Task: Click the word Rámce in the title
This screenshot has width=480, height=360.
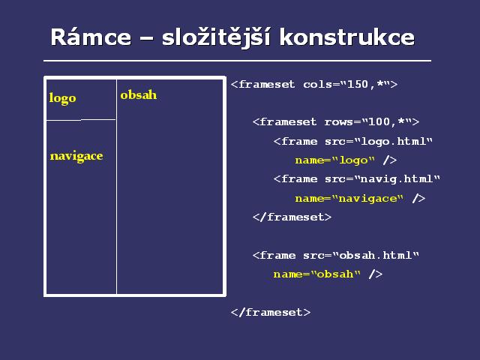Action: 91,37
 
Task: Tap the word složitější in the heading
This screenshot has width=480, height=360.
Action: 216,37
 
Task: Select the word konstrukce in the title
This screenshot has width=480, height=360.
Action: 346,37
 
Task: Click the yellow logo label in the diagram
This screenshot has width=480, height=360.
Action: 62,98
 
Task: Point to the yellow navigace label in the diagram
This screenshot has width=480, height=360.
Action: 76,157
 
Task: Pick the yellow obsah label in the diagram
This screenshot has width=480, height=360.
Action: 138,95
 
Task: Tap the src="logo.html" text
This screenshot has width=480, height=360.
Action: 379,141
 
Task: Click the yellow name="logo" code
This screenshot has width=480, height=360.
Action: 335,160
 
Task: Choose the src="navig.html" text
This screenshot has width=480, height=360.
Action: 382,178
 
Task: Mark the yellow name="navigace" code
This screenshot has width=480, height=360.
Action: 349,199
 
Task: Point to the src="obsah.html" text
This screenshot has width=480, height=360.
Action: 361,255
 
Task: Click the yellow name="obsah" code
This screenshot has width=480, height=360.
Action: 316,274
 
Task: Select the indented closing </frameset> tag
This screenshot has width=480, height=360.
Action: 292,217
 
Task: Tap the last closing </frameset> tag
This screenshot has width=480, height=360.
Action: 271,312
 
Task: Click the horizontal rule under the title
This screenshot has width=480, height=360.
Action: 237,61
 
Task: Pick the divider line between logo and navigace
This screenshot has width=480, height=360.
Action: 81,120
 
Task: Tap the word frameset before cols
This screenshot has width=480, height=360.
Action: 266,84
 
